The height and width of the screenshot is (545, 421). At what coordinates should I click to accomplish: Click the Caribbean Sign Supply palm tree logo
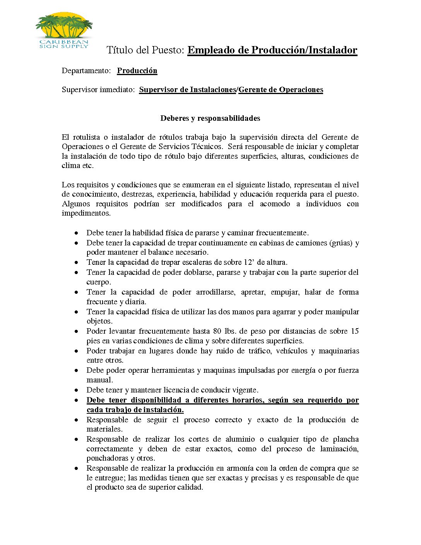[64, 30]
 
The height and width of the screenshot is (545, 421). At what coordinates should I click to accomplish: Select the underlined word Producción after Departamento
[137, 71]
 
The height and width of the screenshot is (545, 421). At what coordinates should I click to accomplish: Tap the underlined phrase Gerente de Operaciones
[281, 90]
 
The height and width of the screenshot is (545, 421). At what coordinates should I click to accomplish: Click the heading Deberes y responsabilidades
[210, 118]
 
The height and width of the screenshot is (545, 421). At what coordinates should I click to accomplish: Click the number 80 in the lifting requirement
[217, 331]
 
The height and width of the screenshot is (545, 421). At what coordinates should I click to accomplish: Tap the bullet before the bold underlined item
[77, 400]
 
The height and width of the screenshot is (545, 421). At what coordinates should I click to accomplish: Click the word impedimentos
[86, 213]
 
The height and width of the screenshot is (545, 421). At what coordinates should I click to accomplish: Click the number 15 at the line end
[354, 331]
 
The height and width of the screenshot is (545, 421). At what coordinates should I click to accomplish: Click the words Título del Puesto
[145, 50]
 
